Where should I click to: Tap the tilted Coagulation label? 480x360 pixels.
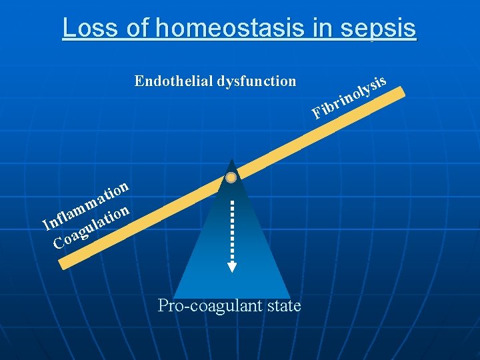pos(91,227)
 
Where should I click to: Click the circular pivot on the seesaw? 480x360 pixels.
pos(231,177)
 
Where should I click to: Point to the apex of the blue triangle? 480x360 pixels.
pos(231,161)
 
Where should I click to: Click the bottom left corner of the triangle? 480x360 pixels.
pos(174,297)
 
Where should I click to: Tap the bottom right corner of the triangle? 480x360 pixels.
pos(290,297)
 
